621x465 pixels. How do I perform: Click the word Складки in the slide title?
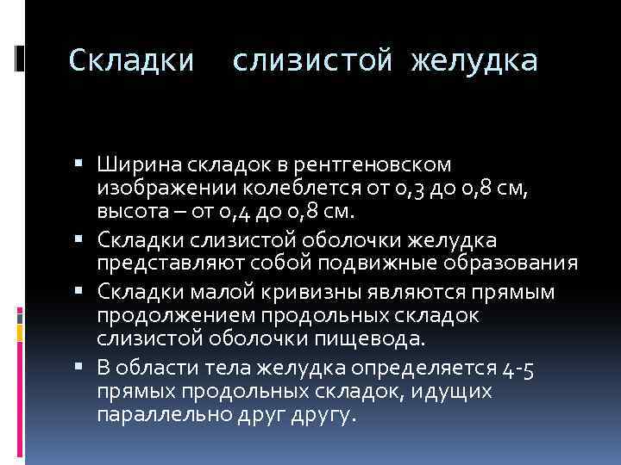131,60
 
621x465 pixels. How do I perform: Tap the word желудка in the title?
475,60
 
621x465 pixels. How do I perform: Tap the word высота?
132,210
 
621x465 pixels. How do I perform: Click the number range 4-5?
521,369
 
